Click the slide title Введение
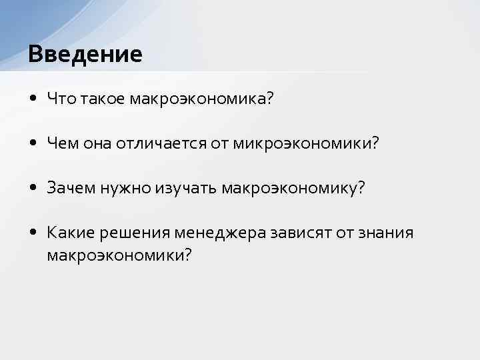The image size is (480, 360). pyautogui.click(x=85, y=53)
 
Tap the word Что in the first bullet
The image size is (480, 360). pyautogui.click(x=62, y=99)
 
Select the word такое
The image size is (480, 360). pyautogui.click(x=103, y=99)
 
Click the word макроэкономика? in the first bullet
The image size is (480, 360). pyautogui.click(x=202, y=99)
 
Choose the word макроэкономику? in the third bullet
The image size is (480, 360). pyautogui.click(x=294, y=188)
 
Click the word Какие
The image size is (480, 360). pyautogui.click(x=71, y=233)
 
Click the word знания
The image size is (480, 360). pyautogui.click(x=385, y=233)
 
